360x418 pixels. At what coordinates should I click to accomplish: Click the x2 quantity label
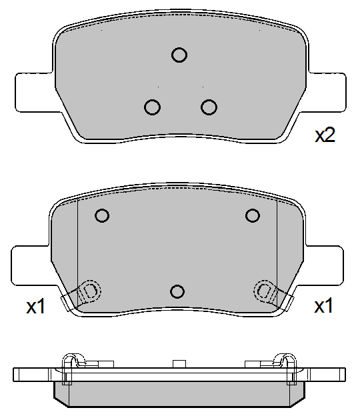pyautogui.click(x=325, y=136)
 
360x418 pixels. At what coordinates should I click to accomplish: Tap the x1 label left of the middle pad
pyautogui.click(x=35, y=307)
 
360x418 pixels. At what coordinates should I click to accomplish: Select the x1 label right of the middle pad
pyautogui.click(x=323, y=307)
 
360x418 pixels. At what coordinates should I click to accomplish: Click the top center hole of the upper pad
pyautogui.click(x=179, y=55)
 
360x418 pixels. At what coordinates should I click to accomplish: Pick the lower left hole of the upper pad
pyautogui.click(x=152, y=107)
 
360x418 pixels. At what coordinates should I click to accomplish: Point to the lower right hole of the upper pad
pyautogui.click(x=209, y=107)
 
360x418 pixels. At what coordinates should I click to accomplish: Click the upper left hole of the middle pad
pyautogui.click(x=102, y=215)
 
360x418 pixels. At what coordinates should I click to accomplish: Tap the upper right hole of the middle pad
pyautogui.click(x=252, y=215)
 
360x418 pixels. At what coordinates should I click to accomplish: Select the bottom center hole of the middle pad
pyautogui.click(x=177, y=291)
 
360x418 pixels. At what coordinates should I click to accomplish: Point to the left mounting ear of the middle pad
pyautogui.click(x=30, y=265)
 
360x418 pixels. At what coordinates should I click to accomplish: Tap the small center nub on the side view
pyautogui.click(x=177, y=363)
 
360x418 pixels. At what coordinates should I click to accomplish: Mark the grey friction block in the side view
pyautogui.click(x=179, y=394)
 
